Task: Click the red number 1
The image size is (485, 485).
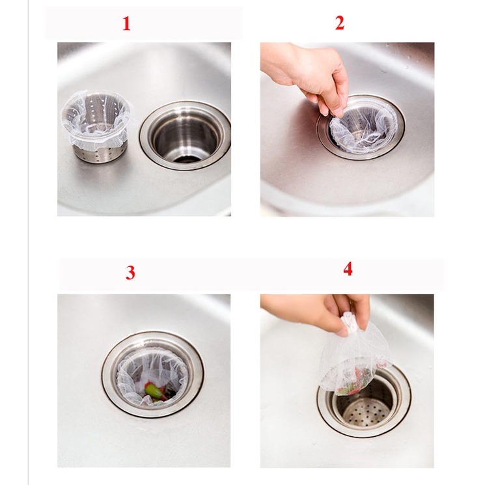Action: pos(126,24)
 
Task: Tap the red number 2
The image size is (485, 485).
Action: pos(340,23)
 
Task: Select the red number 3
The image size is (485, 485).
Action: pos(131,273)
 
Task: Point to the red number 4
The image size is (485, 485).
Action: pos(348,269)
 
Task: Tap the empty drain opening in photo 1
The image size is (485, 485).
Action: pos(186,135)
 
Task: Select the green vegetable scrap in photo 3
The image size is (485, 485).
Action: pos(154,391)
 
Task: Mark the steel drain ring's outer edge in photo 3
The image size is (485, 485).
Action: pos(104,374)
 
